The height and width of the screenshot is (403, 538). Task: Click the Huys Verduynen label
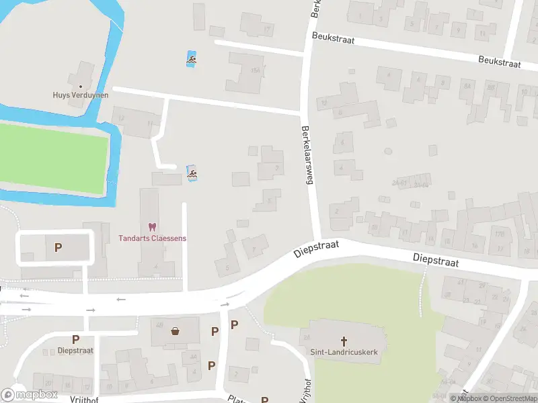pyautogui.click(x=80, y=95)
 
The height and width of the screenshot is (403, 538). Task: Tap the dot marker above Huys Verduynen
pyautogui.click(x=81, y=86)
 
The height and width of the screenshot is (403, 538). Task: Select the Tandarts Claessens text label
pyautogui.click(x=152, y=238)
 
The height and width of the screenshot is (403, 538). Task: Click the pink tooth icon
pyautogui.click(x=152, y=228)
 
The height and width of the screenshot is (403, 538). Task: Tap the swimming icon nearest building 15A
pyautogui.click(x=192, y=60)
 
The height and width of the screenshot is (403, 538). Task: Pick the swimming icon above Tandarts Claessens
pyautogui.click(x=192, y=175)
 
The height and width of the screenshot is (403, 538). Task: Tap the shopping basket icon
pyautogui.click(x=176, y=330)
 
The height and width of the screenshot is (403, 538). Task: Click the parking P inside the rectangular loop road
pyautogui.click(x=58, y=248)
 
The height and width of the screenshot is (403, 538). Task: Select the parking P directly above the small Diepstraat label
pyautogui.click(x=75, y=340)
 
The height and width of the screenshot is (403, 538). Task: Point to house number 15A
pyautogui.click(x=254, y=70)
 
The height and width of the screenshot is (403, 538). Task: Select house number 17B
pyautogui.click(x=499, y=234)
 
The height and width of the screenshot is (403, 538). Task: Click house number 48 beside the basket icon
pyautogui.click(x=160, y=325)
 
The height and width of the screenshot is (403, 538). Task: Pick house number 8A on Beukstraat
pyautogui.click(x=466, y=86)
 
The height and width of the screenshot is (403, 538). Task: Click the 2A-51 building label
pyautogui.click(x=401, y=182)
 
